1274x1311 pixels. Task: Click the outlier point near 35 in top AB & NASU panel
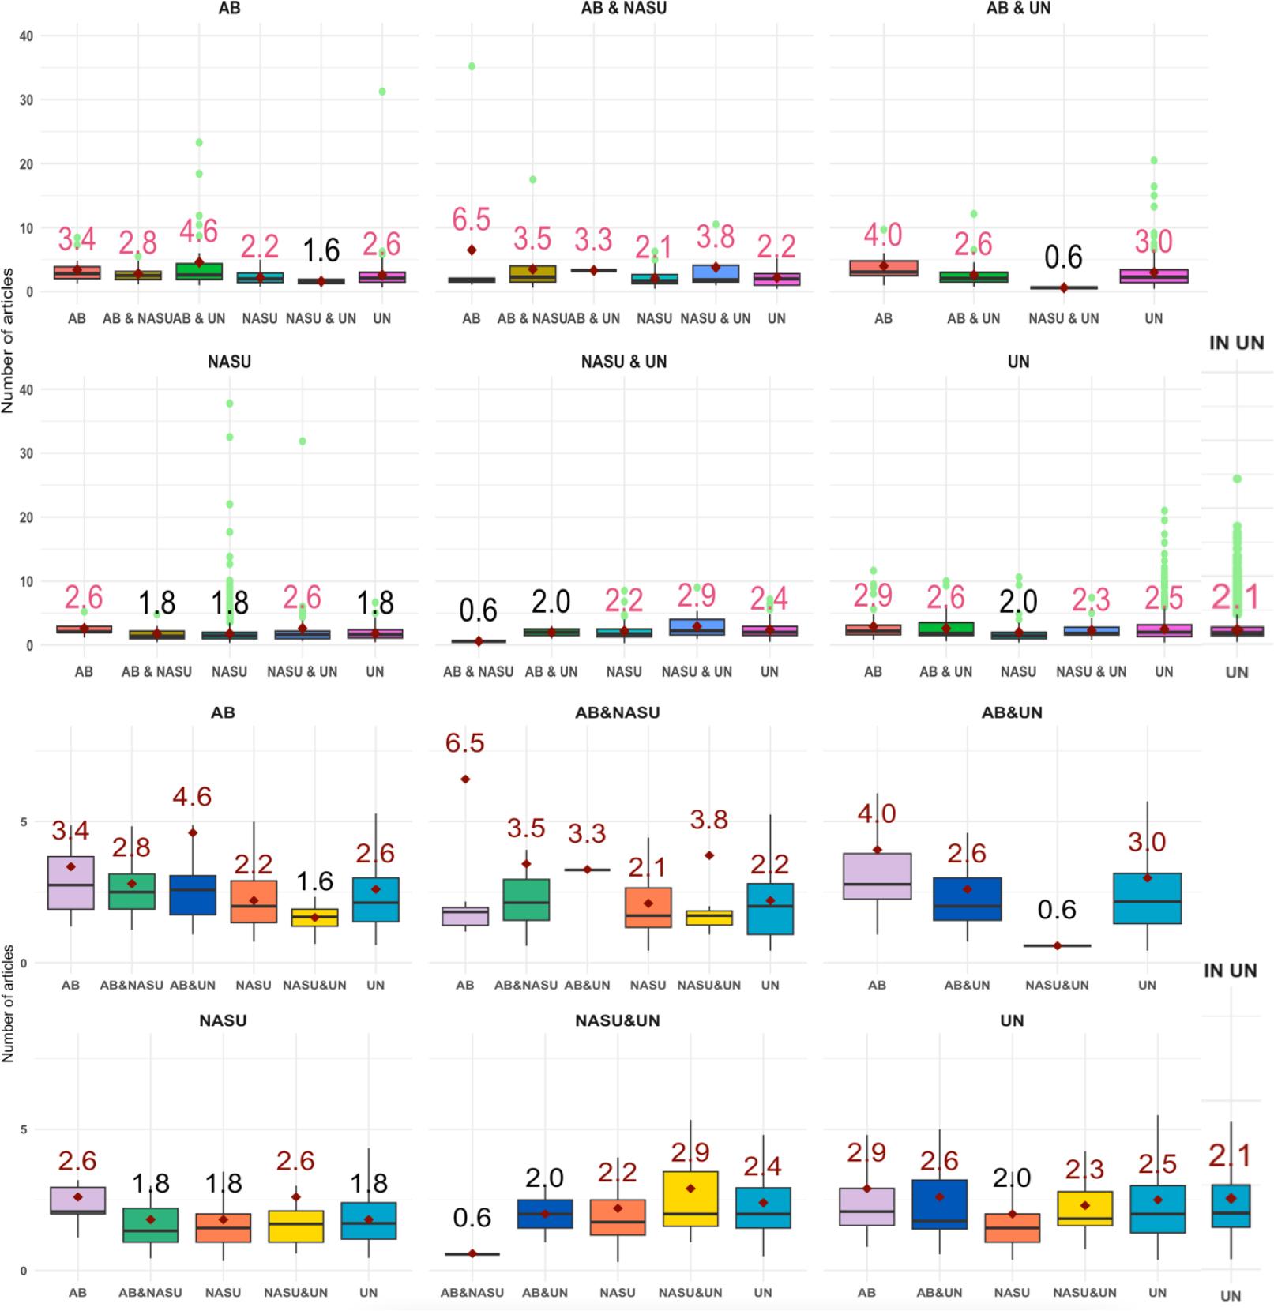point(472,66)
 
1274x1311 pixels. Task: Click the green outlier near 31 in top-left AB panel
point(382,92)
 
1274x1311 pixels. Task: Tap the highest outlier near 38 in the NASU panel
point(230,404)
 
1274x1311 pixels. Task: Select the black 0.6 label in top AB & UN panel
point(1063,257)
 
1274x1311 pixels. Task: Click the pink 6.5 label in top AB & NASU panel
point(472,220)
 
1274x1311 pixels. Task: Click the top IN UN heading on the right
point(1236,343)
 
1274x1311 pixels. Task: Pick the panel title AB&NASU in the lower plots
point(617,712)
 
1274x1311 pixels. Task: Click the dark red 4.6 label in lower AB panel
point(192,797)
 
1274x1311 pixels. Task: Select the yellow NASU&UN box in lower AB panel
point(314,918)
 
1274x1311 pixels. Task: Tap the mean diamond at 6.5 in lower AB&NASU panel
point(465,779)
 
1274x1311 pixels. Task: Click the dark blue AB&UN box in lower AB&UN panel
point(967,899)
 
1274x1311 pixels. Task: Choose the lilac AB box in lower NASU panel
point(77,1200)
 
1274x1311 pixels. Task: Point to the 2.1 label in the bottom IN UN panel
point(1231,1156)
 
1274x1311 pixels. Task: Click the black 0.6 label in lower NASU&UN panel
point(472,1218)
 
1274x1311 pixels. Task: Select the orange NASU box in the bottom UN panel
point(1012,1228)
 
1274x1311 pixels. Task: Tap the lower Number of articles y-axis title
point(8,1003)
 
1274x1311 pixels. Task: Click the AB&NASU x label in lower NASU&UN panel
point(472,1293)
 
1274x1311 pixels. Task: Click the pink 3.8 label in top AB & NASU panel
point(716,237)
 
